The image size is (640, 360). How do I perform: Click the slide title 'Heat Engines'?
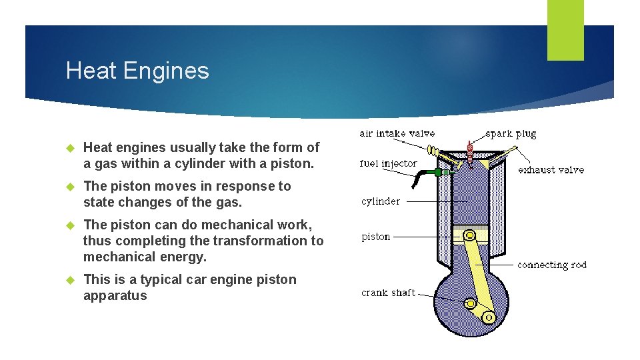(x=137, y=71)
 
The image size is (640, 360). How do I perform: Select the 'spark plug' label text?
(x=511, y=133)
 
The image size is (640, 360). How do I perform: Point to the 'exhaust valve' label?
(x=551, y=170)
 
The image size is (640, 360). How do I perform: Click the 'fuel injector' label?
(x=388, y=163)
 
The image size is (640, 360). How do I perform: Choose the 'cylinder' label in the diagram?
(x=381, y=201)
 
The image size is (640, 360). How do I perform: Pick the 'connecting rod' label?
(x=552, y=265)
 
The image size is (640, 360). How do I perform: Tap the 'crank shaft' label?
(x=388, y=293)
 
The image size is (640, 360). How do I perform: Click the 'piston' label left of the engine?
(x=376, y=237)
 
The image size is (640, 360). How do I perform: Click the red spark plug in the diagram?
(x=470, y=153)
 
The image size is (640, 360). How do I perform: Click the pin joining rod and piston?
(x=471, y=235)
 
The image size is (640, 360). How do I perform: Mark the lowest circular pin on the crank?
(x=488, y=317)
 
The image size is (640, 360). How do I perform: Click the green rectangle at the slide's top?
(x=565, y=30)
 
